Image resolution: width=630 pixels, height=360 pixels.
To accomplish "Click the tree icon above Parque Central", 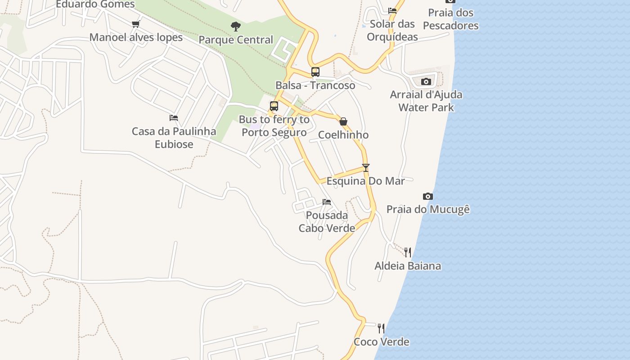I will coord(235,27).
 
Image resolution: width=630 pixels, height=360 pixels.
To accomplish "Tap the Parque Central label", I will coord(236,40).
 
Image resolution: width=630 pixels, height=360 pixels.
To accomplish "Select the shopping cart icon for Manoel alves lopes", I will coord(135,24).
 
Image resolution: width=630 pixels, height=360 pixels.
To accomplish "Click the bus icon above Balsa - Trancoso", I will coord(315,72).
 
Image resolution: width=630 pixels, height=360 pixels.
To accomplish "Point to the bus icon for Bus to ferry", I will coord(274,106).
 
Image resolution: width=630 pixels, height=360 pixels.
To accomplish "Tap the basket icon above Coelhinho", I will coord(343,121).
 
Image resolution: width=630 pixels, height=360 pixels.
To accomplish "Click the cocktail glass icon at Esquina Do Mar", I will coord(366,168).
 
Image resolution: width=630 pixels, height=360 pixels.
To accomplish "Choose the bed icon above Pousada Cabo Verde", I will coord(327,202).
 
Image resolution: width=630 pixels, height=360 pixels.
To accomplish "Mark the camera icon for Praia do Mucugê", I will coord(428,196).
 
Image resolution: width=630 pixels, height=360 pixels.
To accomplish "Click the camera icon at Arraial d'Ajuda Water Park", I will coord(426,81).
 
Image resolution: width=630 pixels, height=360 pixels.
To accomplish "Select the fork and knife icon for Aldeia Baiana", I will coord(408,252).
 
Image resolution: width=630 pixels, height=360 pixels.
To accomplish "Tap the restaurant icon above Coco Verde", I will coord(381,328).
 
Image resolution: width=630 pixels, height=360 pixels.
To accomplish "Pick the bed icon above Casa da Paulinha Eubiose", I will coord(174,118).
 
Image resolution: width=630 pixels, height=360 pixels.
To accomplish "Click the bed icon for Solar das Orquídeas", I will coord(392,11).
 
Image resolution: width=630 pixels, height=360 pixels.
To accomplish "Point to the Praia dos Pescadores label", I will coord(451,19).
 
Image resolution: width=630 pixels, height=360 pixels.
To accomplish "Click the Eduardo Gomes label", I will coord(95,4).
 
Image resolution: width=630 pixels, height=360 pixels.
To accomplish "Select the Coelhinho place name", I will coord(343,135).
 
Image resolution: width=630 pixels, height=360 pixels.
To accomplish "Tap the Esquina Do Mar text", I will coord(365,181).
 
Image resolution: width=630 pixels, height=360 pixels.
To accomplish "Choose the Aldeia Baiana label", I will coord(408,266).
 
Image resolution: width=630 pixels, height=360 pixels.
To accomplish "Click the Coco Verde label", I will coord(382,342).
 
